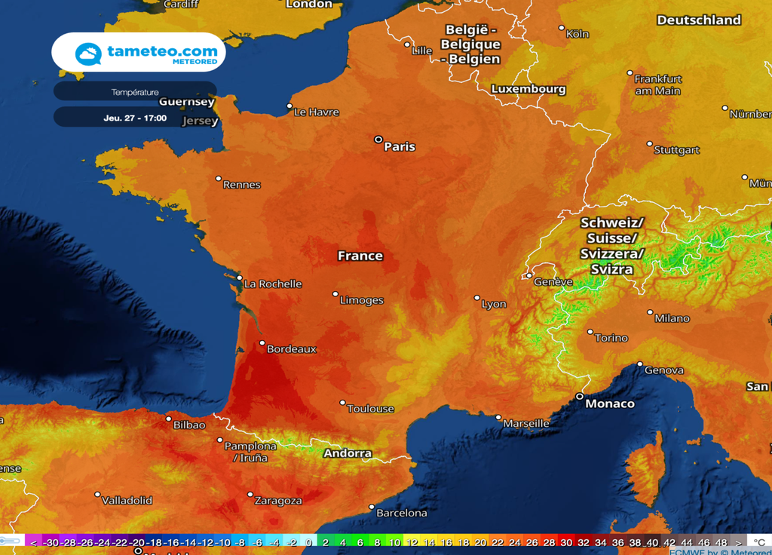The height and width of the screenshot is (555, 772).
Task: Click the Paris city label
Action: pyautogui.click(x=400, y=146)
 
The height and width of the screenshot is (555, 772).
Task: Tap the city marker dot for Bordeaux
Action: pyautogui.click(x=262, y=343)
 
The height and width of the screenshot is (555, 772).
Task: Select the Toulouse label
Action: pyautogui.click(x=370, y=409)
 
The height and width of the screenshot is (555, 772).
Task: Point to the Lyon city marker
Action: pyautogui.click(x=476, y=298)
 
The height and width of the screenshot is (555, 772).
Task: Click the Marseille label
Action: pyautogui.click(x=526, y=423)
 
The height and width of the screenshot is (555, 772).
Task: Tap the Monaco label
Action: pyautogui.click(x=610, y=403)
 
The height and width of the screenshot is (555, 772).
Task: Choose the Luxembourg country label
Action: pyautogui.click(x=528, y=89)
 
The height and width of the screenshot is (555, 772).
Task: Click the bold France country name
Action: pyautogui.click(x=360, y=256)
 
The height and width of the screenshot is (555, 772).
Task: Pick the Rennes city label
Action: pyautogui.click(x=242, y=185)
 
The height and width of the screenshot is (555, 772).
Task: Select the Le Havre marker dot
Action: pyautogui.click(x=289, y=106)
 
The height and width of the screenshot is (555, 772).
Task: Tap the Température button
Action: pyautogui.click(x=135, y=92)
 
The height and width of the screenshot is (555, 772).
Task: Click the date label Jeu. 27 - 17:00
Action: pyautogui.click(x=135, y=118)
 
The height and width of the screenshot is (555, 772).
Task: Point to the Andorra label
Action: pyautogui.click(x=348, y=453)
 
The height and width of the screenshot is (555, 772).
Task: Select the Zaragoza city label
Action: pyautogui.click(x=279, y=501)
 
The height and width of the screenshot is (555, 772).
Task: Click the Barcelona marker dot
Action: pyautogui.click(x=372, y=507)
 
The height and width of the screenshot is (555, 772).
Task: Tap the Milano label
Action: pyautogui.click(x=672, y=318)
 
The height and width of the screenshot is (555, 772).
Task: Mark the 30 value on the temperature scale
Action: pyautogui.click(x=566, y=542)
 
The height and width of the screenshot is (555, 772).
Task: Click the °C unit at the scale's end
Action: pyautogui.click(x=759, y=542)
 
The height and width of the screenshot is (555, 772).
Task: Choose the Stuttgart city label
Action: pyautogui.click(x=676, y=150)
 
